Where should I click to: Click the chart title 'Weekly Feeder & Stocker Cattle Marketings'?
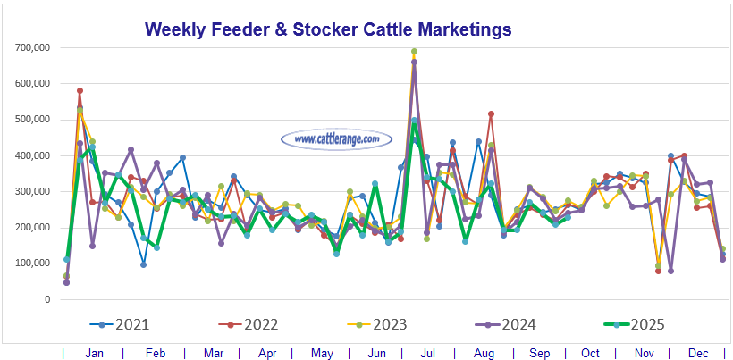(327, 29)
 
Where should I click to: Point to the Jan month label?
(93, 354)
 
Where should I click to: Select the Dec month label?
(698, 354)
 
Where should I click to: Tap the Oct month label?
(592, 354)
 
